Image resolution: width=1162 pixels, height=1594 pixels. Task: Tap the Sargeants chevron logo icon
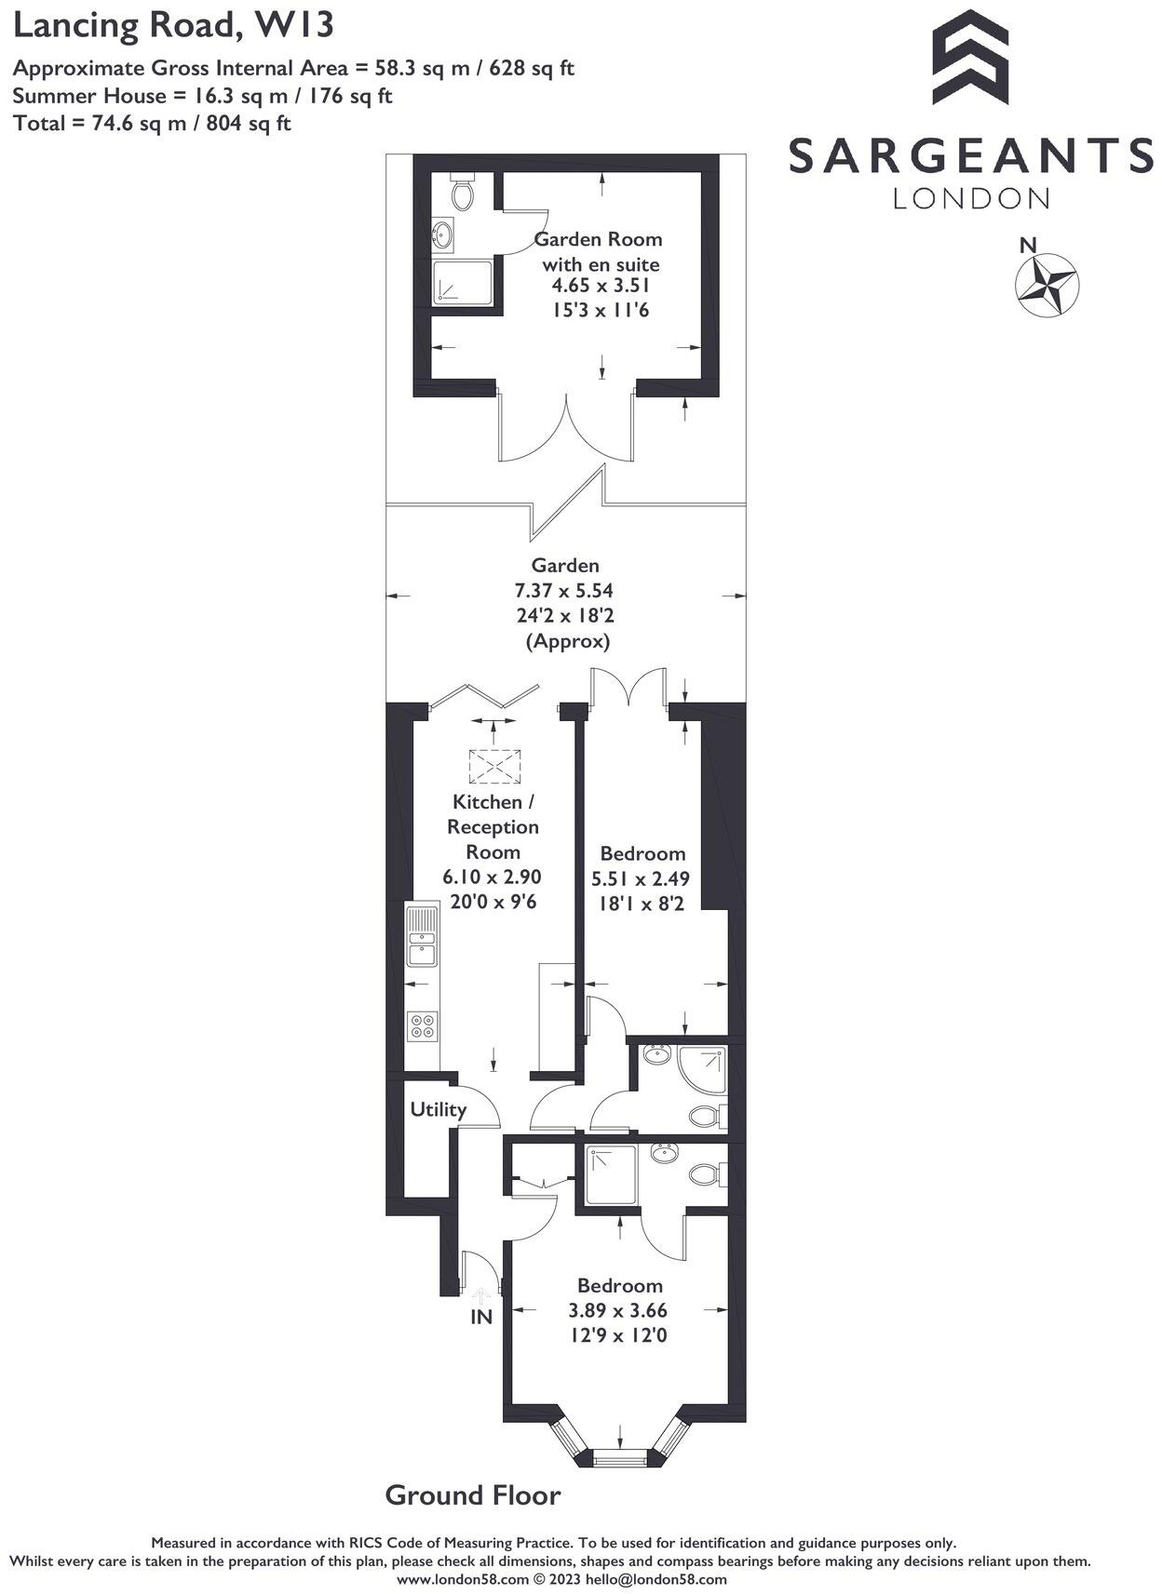970,58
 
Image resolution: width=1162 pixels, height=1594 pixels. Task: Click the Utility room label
438,1109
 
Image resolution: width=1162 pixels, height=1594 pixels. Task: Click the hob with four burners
422,1025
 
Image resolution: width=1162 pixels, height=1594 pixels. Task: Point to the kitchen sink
422,935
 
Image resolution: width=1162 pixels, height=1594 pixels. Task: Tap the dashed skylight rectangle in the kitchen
494,767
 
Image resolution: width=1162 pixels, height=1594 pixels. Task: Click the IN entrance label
480,1317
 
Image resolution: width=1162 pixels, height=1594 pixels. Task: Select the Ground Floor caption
473,1495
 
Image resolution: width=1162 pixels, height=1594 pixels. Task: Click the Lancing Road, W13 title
173,25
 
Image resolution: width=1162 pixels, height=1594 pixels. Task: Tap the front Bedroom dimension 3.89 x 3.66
618,1310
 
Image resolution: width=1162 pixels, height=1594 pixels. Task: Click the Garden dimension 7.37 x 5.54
564,590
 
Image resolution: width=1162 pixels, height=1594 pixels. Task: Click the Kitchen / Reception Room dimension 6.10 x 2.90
492,877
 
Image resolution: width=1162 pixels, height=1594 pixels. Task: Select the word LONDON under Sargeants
971,198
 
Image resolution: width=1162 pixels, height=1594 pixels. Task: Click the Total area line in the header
152,122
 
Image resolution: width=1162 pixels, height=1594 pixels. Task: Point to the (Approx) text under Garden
568,641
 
